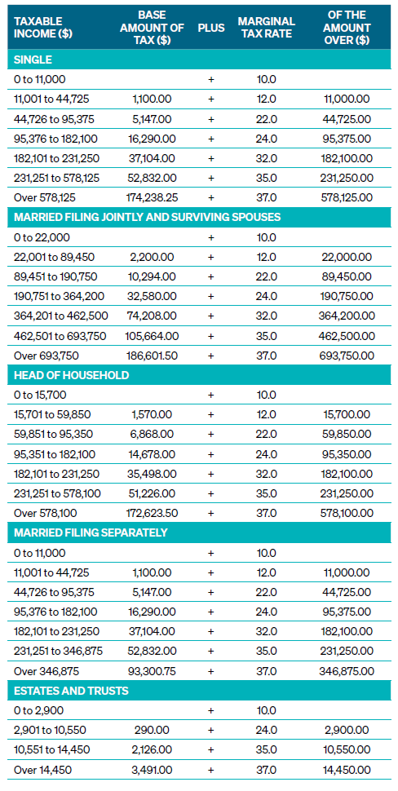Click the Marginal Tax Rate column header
[267, 28]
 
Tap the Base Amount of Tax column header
[152, 28]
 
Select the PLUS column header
[211, 28]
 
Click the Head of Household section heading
[71, 375]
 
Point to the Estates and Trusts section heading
[71, 691]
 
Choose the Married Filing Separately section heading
[91, 532]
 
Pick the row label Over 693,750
[46, 356]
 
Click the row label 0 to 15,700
[40, 395]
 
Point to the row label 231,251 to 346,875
[58, 652]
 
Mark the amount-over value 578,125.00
[347, 197]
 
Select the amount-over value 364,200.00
[347, 316]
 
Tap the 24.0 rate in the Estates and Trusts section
[267, 730]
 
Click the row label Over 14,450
[43, 770]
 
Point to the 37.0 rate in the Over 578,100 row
[267, 514]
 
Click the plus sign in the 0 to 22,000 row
[211, 237]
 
